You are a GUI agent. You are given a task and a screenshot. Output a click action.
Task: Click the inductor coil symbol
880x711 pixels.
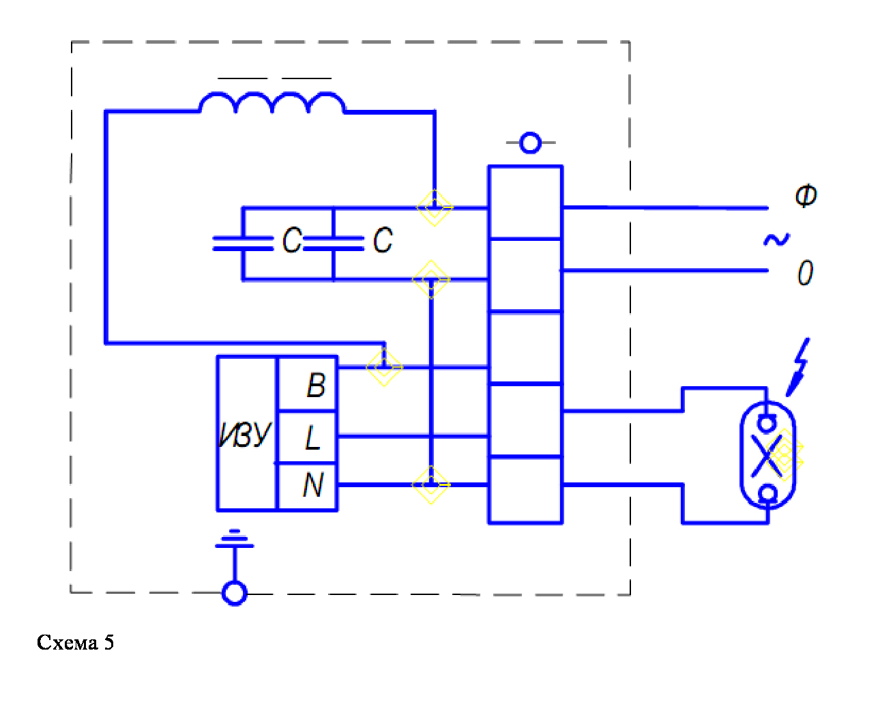click(272, 102)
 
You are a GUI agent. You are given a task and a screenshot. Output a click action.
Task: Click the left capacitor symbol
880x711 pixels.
click(243, 243)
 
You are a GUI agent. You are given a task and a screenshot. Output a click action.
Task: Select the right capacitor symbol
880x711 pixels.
click(334, 243)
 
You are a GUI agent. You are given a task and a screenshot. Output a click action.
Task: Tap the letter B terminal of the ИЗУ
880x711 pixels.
click(315, 386)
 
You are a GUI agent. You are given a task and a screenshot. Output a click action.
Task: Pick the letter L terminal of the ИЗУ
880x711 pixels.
click(312, 437)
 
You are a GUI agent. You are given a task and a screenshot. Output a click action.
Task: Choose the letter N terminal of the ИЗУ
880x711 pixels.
click(312, 485)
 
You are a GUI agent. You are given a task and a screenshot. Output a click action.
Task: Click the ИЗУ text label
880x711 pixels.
click(245, 434)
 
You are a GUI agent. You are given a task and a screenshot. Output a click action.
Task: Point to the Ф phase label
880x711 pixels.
click(806, 196)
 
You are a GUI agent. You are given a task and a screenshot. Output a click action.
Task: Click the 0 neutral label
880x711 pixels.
click(805, 273)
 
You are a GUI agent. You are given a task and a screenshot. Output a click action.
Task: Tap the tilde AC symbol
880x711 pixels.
click(776, 240)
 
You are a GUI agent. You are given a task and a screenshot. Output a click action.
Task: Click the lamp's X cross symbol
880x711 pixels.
click(767, 455)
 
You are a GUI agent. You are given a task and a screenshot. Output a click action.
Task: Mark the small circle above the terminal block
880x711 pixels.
click(530, 143)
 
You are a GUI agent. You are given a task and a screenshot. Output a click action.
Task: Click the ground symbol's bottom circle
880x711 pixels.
click(235, 593)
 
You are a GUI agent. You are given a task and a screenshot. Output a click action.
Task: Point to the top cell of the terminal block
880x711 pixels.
click(525, 203)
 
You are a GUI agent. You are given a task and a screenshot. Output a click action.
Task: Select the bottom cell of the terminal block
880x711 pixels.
click(525, 490)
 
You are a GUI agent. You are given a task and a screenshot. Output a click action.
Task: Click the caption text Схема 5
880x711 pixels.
click(75, 642)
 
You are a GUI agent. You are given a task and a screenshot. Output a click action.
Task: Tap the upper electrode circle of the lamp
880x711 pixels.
click(767, 423)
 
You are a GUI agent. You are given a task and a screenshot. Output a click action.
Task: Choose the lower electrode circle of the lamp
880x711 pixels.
click(768, 493)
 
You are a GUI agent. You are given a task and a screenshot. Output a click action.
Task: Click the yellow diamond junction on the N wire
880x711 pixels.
click(430, 484)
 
